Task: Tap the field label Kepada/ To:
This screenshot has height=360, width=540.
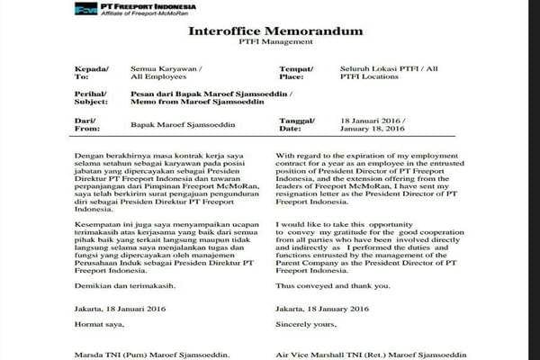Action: [94, 73]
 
